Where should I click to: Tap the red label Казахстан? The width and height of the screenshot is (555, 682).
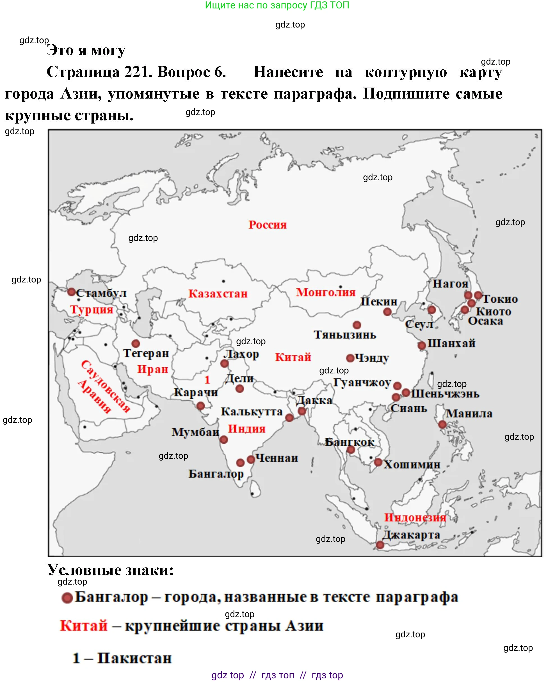pyautogui.click(x=218, y=293)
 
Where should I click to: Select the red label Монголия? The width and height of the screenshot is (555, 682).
pyautogui.click(x=325, y=292)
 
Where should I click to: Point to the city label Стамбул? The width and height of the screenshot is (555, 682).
pyautogui.click(x=101, y=293)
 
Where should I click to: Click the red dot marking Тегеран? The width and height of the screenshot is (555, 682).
pyautogui.click(x=136, y=343)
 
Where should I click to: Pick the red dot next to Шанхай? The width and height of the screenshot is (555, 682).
pyautogui.click(x=422, y=345)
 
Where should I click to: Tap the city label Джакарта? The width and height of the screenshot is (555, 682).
pyautogui.click(x=411, y=535)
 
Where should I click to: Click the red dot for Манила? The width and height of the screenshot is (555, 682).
pyautogui.click(x=442, y=424)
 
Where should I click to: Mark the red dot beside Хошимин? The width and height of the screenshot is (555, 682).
pyautogui.click(x=378, y=462)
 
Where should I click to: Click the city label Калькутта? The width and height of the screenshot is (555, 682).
pyautogui.click(x=252, y=412)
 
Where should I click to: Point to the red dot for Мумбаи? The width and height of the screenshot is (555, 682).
pyautogui.click(x=224, y=440)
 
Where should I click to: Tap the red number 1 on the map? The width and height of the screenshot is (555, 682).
pyautogui.click(x=207, y=380)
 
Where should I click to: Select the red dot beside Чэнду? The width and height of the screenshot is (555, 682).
pyautogui.click(x=350, y=358)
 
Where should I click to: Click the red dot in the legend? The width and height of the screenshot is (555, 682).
pyautogui.click(x=67, y=598)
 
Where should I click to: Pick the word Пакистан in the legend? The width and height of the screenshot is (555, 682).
pyautogui.click(x=134, y=658)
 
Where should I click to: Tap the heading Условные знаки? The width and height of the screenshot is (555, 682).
pyautogui.click(x=110, y=570)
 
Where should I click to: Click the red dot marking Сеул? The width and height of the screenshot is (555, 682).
pyautogui.click(x=431, y=309)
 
